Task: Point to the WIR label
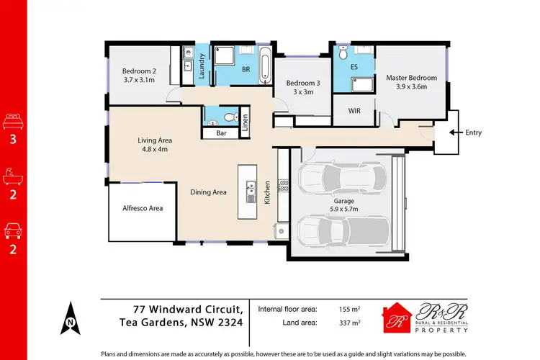point(354,111)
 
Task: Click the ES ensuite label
point(354,67)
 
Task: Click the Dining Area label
point(209,192)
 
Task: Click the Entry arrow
point(455,132)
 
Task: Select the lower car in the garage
point(343,231)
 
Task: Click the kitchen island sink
point(251,192)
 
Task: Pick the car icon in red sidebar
point(14,232)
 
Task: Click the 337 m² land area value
point(350,323)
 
